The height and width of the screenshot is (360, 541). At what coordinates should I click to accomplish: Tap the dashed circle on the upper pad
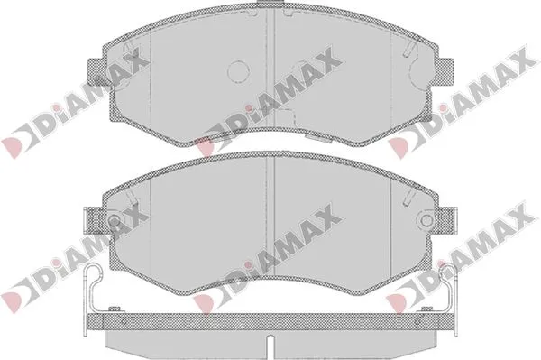[x=238, y=71]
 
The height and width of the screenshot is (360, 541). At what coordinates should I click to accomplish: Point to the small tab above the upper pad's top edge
[x=270, y=3]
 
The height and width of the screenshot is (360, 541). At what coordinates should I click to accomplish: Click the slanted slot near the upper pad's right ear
[x=408, y=49]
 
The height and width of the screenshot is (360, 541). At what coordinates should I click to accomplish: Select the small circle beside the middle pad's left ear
[x=114, y=220]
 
